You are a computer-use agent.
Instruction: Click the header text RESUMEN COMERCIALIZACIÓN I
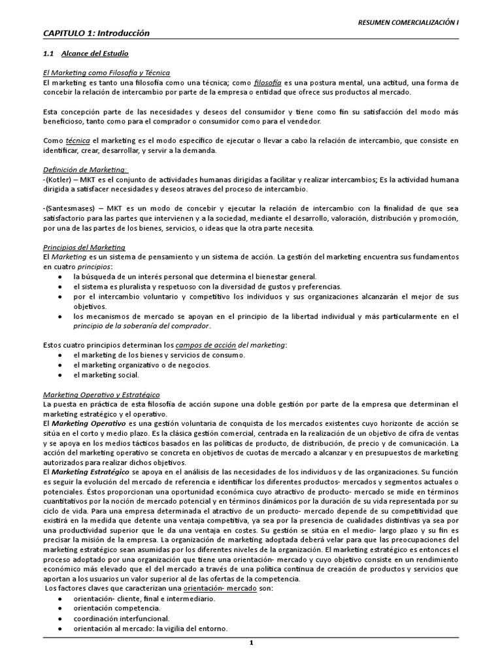pyautogui.click(x=409, y=22)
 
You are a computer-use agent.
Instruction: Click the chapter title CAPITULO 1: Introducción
pyautogui.click(x=96, y=33)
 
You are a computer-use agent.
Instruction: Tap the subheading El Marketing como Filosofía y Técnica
pyautogui.click(x=107, y=73)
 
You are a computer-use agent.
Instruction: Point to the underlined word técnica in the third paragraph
pyautogui.click(x=78, y=140)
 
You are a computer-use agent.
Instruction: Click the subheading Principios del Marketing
pyautogui.click(x=84, y=248)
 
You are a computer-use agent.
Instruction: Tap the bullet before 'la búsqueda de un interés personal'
pyautogui.click(x=60, y=277)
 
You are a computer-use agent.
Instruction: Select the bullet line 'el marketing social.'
pyautogui.click(x=106, y=375)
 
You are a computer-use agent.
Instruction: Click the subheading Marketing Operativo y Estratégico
pyautogui.click(x=101, y=395)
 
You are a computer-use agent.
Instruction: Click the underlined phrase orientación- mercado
pyautogui.click(x=226, y=589)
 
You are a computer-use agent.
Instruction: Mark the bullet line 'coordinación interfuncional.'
pyautogui.click(x=121, y=618)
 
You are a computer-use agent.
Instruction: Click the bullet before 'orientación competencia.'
pyautogui.click(x=60, y=608)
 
